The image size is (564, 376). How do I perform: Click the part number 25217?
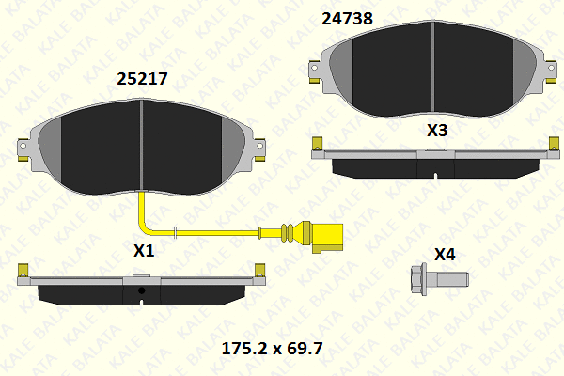142,79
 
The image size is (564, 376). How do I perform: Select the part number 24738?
347,19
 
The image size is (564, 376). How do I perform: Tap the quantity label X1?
144,250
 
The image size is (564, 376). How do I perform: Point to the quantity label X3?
437,131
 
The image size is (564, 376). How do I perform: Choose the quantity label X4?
445,255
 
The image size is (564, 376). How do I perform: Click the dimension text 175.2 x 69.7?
272,349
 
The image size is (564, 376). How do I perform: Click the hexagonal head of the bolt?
418,279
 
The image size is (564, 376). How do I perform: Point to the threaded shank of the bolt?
447,279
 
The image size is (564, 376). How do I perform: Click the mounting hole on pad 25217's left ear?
23,146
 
